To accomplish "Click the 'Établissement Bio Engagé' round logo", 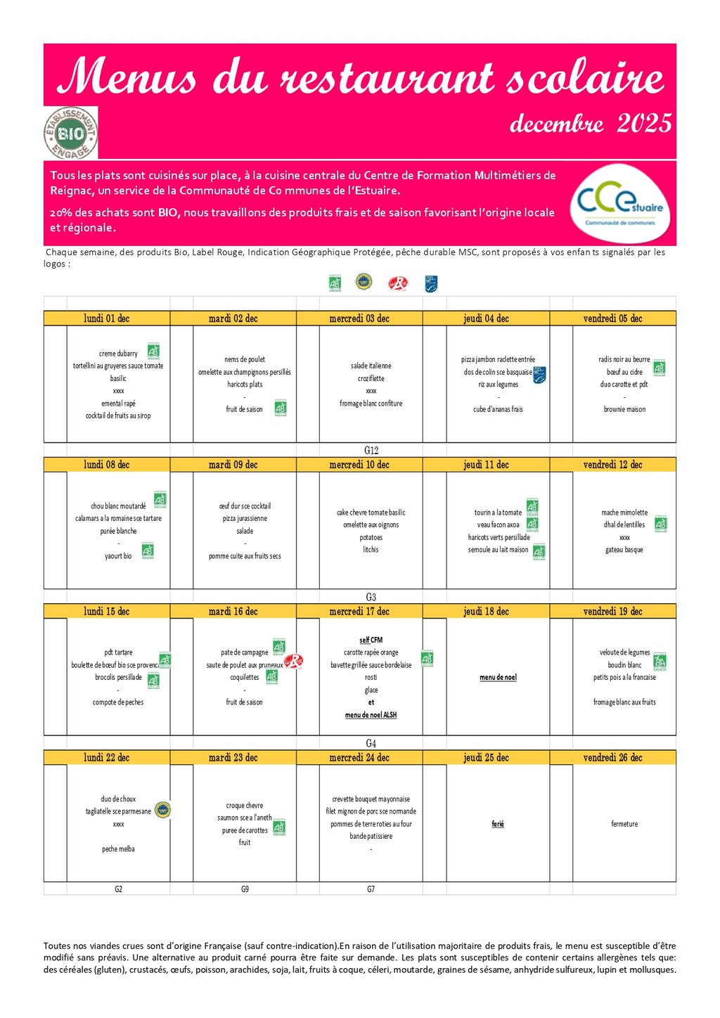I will [70, 133].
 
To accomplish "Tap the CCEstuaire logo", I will [619, 203].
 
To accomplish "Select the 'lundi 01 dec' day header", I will [107, 318].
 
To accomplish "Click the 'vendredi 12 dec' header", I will [612, 465].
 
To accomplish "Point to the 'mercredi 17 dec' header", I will [359, 612].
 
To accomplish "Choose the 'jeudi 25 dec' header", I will [486, 758].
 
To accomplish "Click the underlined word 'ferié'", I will [498, 824].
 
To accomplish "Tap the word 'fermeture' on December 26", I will [624, 824].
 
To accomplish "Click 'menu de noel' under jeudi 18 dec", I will [498, 678].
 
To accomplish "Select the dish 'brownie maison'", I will [624, 409].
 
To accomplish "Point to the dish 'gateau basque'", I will [624, 550].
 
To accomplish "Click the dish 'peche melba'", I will [118, 849].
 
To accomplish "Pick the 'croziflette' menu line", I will [371, 378].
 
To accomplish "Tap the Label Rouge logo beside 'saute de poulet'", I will [294, 661].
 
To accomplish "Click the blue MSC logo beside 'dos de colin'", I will [539, 374].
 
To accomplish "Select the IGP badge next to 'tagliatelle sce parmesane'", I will [162, 810].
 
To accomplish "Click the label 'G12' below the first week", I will [371, 451].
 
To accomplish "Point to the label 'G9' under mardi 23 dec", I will [245, 889].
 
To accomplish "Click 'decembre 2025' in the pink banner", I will [591, 124].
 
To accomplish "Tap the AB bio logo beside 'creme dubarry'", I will [153, 351].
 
